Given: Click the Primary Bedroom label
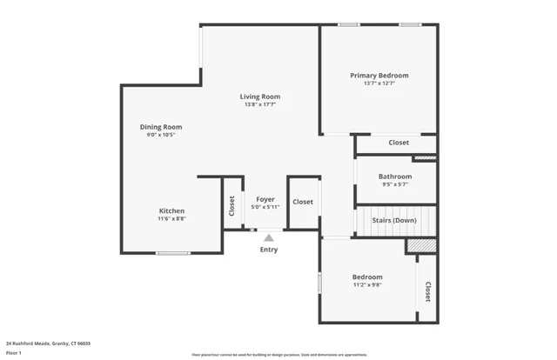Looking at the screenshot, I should [379, 76].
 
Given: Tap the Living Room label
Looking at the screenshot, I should [260, 97].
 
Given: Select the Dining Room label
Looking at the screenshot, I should [161, 127].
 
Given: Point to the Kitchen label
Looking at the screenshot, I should [171, 211].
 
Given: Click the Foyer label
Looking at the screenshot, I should [265, 199].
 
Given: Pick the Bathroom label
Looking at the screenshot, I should [394, 177].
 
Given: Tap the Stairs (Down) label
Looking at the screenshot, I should [393, 220].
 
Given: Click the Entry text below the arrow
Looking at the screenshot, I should [269, 250].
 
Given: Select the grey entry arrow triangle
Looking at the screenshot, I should [269, 237].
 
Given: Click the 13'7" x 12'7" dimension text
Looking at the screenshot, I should [379, 83].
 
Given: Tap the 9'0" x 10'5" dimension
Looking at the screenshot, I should [161, 135].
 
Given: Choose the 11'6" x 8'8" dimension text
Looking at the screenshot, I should [171, 219].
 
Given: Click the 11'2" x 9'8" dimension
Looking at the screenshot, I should [367, 285].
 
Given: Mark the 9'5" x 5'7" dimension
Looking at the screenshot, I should [394, 184].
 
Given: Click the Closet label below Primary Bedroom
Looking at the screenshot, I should [399, 143].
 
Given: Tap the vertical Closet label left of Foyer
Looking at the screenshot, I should [232, 206].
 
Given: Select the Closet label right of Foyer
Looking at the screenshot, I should [302, 202].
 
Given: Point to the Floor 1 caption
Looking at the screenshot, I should [14, 353].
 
